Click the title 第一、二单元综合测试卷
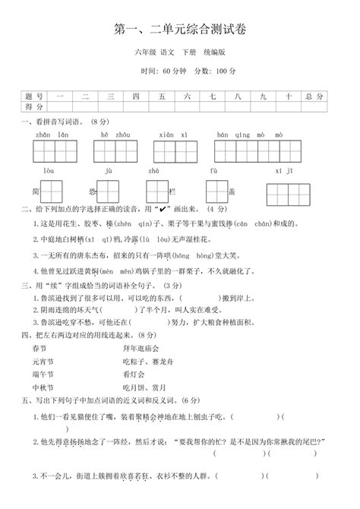coord(179,28)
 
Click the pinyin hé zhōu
coord(109,134)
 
